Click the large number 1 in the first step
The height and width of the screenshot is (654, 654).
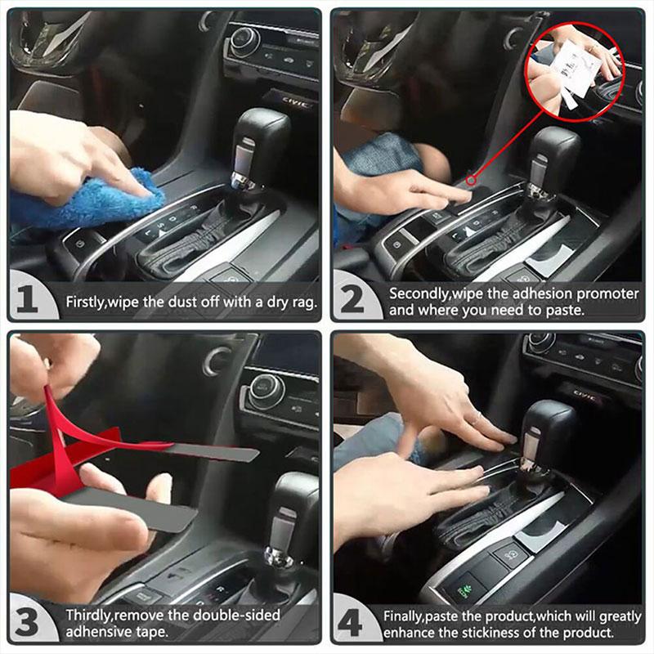[27, 300]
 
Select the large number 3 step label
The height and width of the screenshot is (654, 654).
[27, 623]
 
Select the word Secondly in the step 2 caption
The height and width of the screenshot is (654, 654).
[420, 293]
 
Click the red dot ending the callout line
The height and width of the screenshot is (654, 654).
[469, 181]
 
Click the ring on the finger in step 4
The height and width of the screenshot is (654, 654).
[477, 417]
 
